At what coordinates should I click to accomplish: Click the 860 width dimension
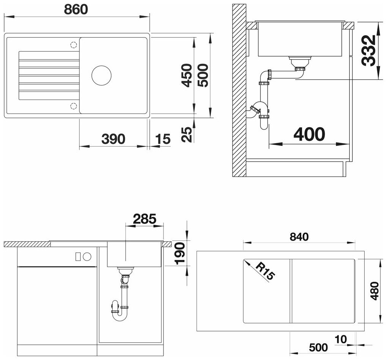click(x=76, y=9)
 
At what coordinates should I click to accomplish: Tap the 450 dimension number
click(x=187, y=75)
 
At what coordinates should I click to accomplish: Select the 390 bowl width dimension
click(x=113, y=139)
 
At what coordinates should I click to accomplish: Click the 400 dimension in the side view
click(x=309, y=134)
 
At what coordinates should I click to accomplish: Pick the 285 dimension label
click(x=145, y=219)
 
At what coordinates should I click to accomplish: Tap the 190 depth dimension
click(x=180, y=254)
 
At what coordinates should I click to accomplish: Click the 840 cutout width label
click(x=299, y=237)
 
